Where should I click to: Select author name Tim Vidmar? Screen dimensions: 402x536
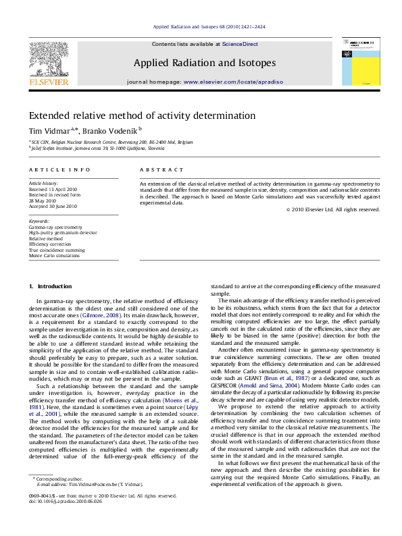pos(46,130)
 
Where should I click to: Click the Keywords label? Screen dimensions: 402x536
pos(39,221)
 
